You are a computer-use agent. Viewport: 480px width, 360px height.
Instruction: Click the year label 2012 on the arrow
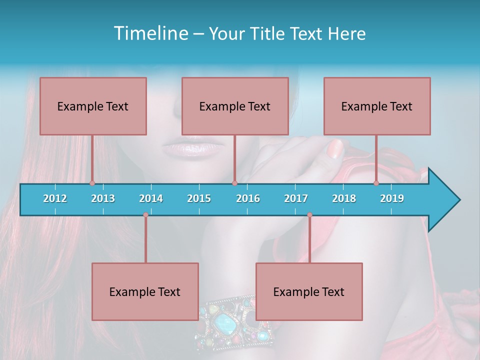55,198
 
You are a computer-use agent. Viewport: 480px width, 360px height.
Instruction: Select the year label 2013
103,198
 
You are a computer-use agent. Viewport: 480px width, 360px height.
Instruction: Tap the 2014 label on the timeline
151,198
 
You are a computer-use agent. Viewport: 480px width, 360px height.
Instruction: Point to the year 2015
199,198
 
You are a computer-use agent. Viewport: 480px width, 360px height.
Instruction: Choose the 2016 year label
248,198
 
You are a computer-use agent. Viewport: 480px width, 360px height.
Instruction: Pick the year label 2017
296,198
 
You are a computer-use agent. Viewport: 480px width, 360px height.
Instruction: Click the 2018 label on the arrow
344,198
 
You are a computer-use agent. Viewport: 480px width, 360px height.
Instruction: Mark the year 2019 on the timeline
392,198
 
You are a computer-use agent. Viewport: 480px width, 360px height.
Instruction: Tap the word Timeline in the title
150,33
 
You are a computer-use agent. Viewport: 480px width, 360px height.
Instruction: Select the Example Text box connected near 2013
93,106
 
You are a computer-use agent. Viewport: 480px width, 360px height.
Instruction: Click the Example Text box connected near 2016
235,106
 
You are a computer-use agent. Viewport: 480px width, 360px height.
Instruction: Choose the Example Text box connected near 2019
377,106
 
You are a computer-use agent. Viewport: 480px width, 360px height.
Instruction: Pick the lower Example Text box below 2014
145,291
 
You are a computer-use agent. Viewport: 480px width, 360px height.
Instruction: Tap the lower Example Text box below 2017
309,291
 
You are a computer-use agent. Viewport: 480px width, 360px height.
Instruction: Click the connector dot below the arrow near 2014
145,215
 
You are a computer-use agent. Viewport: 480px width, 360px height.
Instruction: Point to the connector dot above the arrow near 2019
376,183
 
